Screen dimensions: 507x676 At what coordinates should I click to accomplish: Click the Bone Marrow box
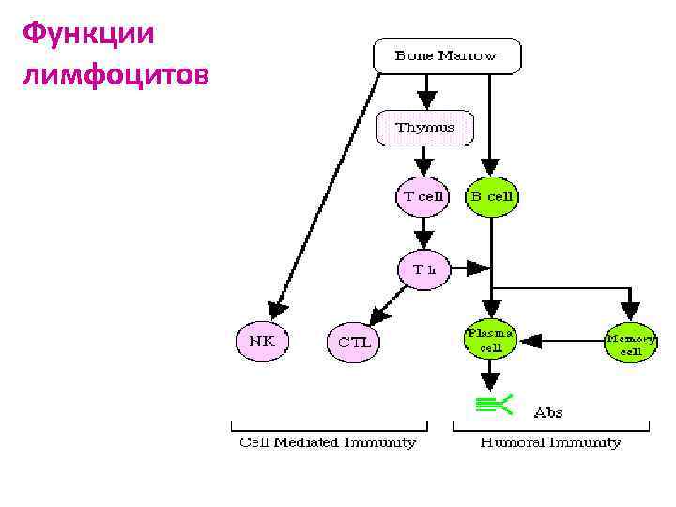pyautogui.click(x=446, y=56)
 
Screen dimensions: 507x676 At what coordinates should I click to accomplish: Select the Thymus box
pyautogui.click(x=424, y=128)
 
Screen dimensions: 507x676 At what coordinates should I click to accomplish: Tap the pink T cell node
pyautogui.click(x=422, y=197)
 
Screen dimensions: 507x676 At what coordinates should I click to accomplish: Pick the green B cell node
pyautogui.click(x=491, y=197)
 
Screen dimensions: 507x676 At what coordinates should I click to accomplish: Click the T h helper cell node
pyautogui.click(x=424, y=269)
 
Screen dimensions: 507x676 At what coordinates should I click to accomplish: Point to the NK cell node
pyautogui.click(x=262, y=341)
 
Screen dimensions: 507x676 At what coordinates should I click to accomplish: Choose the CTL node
pyautogui.click(x=354, y=342)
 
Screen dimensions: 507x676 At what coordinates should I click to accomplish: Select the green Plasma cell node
pyautogui.click(x=490, y=341)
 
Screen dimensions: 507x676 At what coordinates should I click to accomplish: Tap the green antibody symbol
pyautogui.click(x=493, y=405)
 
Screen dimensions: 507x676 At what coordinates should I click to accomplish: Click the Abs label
pyautogui.click(x=547, y=412)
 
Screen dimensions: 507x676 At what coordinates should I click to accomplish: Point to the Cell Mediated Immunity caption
pyautogui.click(x=328, y=442)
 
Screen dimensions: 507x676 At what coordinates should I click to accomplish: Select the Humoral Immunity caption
pyautogui.click(x=549, y=442)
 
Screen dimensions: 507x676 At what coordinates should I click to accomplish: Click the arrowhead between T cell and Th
pyautogui.click(x=424, y=237)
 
